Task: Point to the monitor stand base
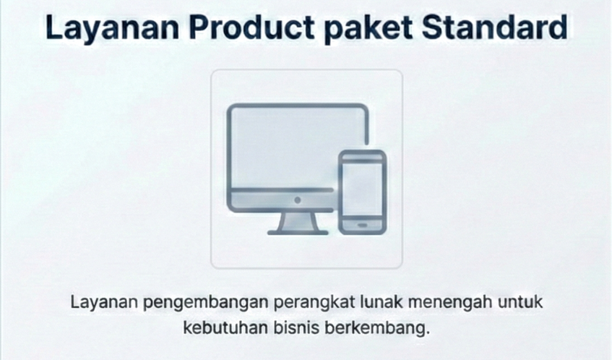click(296, 231)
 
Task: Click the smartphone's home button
click(362, 226)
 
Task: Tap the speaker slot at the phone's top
click(362, 156)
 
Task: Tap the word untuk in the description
click(521, 301)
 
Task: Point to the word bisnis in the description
click(296, 326)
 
